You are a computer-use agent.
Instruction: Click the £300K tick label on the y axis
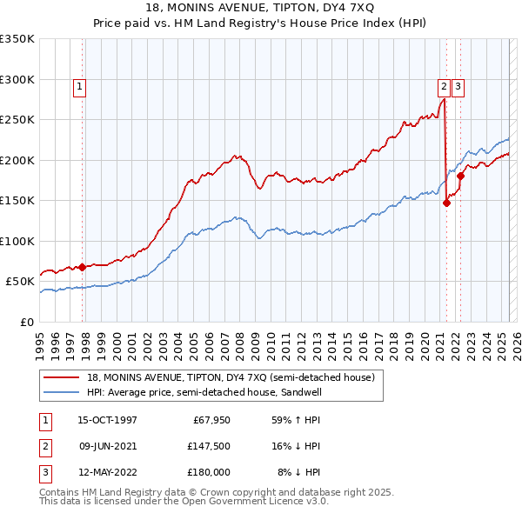17,79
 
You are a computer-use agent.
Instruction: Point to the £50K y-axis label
20,282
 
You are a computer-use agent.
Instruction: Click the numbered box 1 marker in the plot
79,86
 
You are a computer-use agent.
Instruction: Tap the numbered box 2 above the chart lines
444,86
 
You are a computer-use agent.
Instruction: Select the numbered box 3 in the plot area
458,86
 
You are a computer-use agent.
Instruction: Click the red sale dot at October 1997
83,267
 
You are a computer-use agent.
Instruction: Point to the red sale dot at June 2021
446,203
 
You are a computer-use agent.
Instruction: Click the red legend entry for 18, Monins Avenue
231,377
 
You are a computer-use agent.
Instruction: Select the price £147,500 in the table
210,446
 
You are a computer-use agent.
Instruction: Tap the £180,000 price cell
210,472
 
